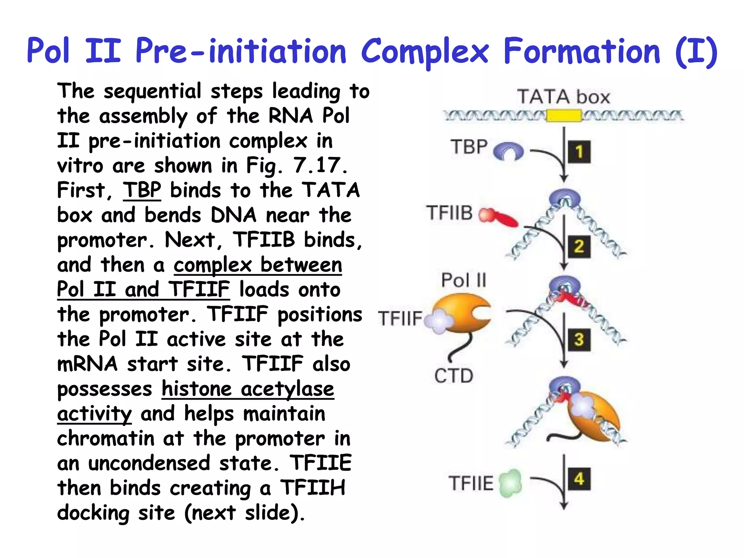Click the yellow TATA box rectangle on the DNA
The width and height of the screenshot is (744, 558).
564,116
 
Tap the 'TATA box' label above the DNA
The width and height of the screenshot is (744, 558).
563,97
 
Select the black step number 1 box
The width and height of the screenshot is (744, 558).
579,152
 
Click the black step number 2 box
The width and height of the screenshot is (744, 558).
579,247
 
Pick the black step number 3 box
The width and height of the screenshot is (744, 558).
579,340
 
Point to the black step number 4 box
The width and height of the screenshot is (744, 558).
579,479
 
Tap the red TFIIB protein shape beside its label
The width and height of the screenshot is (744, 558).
498,217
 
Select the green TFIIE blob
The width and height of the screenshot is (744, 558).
510,483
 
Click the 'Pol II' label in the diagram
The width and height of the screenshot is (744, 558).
464,280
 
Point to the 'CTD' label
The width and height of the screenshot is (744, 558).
454,376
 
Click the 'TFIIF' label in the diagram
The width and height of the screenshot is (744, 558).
400,319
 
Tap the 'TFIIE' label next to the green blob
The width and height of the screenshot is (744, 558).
471,483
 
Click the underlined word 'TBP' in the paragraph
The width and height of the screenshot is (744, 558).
142,190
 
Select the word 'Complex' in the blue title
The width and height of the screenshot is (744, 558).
425,52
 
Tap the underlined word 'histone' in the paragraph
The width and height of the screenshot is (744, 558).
197,389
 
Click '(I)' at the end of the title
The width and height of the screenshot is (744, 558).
696,52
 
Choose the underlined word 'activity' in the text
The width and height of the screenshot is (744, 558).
94,414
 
